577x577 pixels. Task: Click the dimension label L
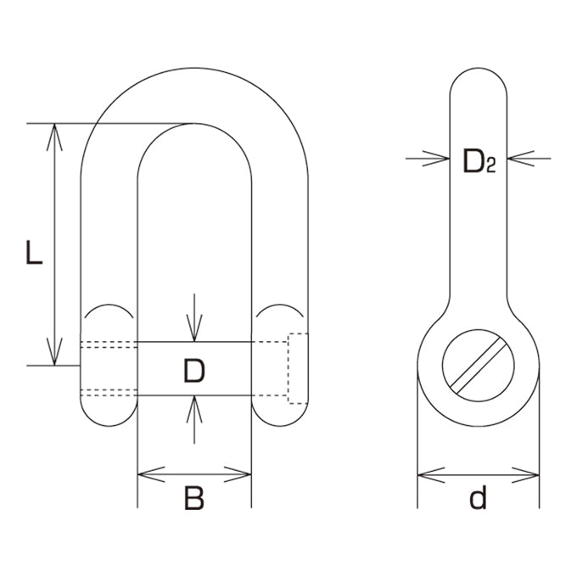pyautogui.click(x=34, y=252)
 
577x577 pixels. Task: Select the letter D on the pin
pyautogui.click(x=194, y=371)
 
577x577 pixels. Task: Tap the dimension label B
pyautogui.click(x=194, y=498)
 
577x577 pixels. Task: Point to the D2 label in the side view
pyautogui.click(x=479, y=161)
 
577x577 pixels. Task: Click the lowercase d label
pyautogui.click(x=478, y=496)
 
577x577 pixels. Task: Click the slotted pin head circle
pyautogui.click(x=478, y=366)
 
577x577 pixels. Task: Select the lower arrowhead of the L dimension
pyautogui.click(x=54, y=352)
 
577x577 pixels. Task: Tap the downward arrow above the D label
pyautogui.click(x=194, y=317)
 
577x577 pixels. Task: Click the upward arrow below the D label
pyautogui.click(x=194, y=419)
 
